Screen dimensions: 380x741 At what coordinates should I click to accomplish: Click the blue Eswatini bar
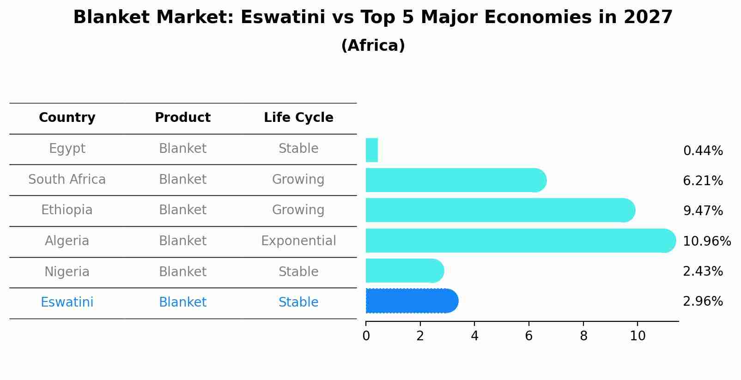pyautogui.click(x=411, y=301)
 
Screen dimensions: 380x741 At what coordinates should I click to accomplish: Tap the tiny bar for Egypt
pyautogui.click(x=371, y=150)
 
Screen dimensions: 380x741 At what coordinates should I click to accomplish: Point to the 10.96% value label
pyautogui.click(x=706, y=241)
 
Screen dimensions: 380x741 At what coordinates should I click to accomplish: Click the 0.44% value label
pyautogui.click(x=703, y=151)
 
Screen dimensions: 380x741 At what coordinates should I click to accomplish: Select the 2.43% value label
pyautogui.click(x=703, y=271)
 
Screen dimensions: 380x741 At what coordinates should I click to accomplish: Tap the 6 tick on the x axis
pyautogui.click(x=529, y=336)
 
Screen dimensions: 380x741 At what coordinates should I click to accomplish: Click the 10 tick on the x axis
pyautogui.click(x=638, y=336)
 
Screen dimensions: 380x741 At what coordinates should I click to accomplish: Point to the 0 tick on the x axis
pyautogui.click(x=366, y=336)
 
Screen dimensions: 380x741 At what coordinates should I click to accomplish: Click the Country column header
pyautogui.click(x=67, y=118)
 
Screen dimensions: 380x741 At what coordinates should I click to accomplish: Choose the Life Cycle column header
pyautogui.click(x=298, y=118)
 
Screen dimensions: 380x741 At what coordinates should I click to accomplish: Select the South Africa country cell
pyautogui.click(x=67, y=180)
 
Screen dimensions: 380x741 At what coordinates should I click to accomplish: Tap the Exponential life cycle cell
pyautogui.click(x=298, y=241)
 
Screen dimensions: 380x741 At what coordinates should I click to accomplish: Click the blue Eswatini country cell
pyautogui.click(x=67, y=302)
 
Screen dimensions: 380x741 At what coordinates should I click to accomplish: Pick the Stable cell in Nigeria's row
pyautogui.click(x=298, y=272)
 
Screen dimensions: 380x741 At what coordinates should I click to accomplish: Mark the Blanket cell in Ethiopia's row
pyautogui.click(x=182, y=210)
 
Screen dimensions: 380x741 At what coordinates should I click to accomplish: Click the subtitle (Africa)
pyautogui.click(x=373, y=46)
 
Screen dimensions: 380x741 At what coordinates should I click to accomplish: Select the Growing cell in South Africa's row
pyautogui.click(x=298, y=180)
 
